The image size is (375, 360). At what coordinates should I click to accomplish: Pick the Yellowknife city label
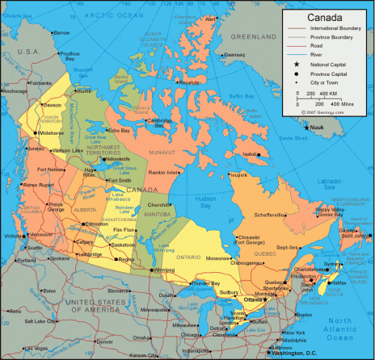(x=118, y=159)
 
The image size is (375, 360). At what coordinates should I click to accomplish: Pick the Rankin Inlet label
(x=162, y=173)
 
